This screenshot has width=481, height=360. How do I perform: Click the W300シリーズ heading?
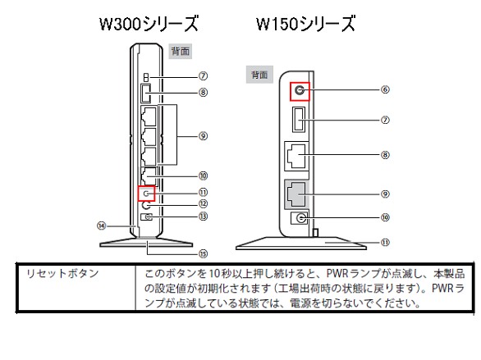pos(149,24)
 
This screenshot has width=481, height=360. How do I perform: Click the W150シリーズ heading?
pos(306,24)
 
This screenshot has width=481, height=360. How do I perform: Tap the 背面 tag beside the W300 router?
pos(181,51)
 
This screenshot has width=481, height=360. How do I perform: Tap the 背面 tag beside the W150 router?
pos(259,75)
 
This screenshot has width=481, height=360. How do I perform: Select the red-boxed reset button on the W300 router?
pos(146,194)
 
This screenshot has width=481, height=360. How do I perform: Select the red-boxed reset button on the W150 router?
pos(300,91)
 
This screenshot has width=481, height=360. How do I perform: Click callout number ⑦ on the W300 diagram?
pos(203,76)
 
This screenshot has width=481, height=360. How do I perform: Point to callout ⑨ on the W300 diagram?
pos(203,136)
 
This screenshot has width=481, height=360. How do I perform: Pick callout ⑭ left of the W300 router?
pos(101,226)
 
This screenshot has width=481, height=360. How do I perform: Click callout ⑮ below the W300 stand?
pos(203,253)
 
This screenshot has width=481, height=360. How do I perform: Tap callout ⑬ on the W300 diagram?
pos(203,216)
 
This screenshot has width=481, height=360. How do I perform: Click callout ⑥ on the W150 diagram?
pos(385,89)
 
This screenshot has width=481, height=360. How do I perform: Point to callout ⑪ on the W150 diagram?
pos(385,243)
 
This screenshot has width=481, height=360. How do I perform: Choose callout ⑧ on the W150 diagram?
pos(385,155)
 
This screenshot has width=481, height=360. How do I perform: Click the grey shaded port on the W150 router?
pos(296,194)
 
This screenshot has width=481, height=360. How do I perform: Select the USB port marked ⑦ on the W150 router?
pos(299,120)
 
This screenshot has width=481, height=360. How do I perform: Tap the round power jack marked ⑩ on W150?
pos(300,218)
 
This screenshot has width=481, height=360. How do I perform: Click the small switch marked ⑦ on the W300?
pos(146,77)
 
